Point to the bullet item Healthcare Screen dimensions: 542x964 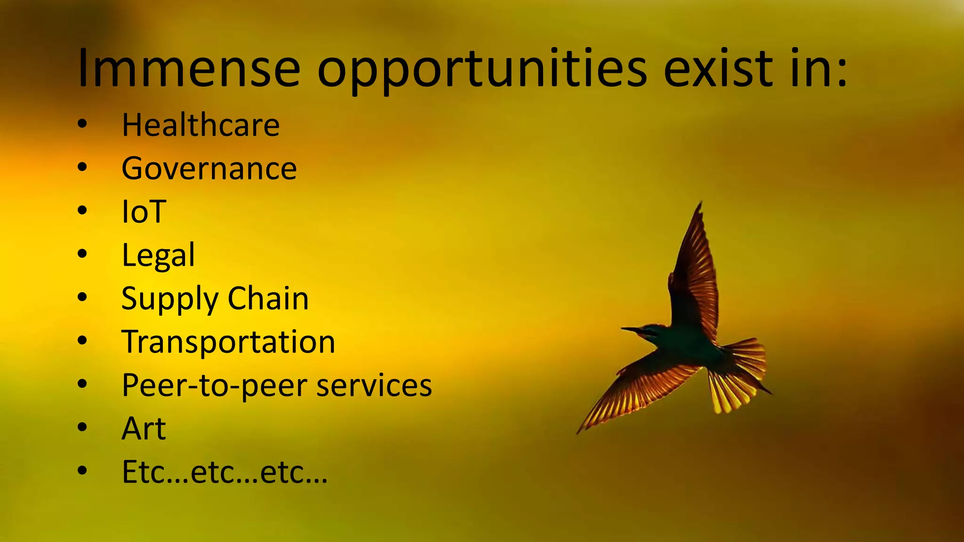click(201, 125)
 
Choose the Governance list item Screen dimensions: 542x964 click(209, 168)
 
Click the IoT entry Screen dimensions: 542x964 click(144, 212)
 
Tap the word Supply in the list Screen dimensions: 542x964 click(170, 299)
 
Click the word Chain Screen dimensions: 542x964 click(268, 298)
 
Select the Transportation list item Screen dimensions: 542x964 click(228, 342)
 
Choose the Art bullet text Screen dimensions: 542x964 click(144, 429)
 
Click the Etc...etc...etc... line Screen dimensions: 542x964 click(225, 472)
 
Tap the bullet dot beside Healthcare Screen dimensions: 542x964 click(82, 124)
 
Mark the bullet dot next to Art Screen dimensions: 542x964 click(82, 427)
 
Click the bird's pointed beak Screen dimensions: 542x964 click(629, 329)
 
